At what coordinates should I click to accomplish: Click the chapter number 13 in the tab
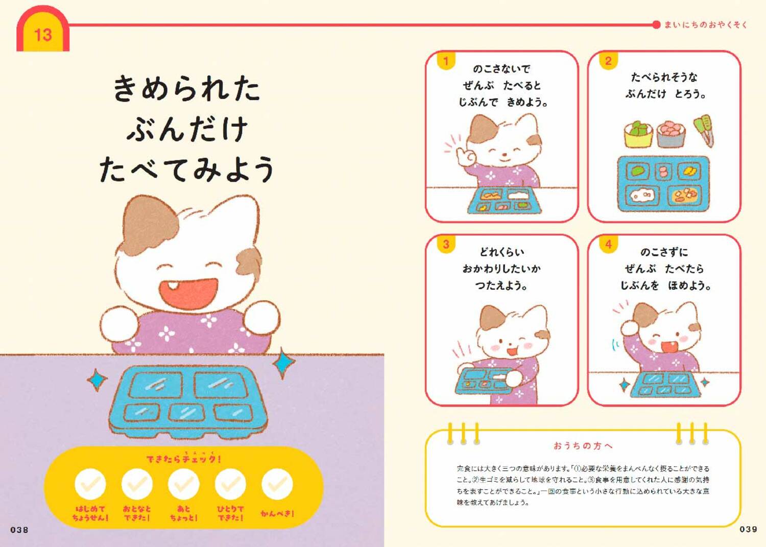click(43, 35)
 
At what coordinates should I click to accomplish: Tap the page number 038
click(19, 530)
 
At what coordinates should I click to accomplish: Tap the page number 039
click(748, 529)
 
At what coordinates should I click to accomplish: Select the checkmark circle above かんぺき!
click(277, 484)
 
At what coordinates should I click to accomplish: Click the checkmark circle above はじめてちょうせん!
click(90, 484)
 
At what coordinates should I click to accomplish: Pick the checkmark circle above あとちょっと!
click(184, 484)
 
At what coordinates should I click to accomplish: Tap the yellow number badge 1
click(446, 61)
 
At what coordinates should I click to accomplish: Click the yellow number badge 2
click(608, 61)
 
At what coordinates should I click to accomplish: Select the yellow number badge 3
click(446, 244)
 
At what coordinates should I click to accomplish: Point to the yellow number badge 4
click(608, 244)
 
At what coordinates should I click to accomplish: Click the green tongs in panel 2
click(704, 130)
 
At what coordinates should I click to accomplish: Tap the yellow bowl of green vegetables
click(638, 134)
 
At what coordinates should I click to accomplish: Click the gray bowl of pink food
click(670, 134)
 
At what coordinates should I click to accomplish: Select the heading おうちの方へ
click(583, 446)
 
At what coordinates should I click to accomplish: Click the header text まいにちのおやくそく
click(705, 25)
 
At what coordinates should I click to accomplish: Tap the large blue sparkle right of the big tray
click(283, 363)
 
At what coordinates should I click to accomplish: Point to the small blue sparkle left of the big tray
click(97, 380)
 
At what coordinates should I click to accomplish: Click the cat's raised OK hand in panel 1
click(465, 156)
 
